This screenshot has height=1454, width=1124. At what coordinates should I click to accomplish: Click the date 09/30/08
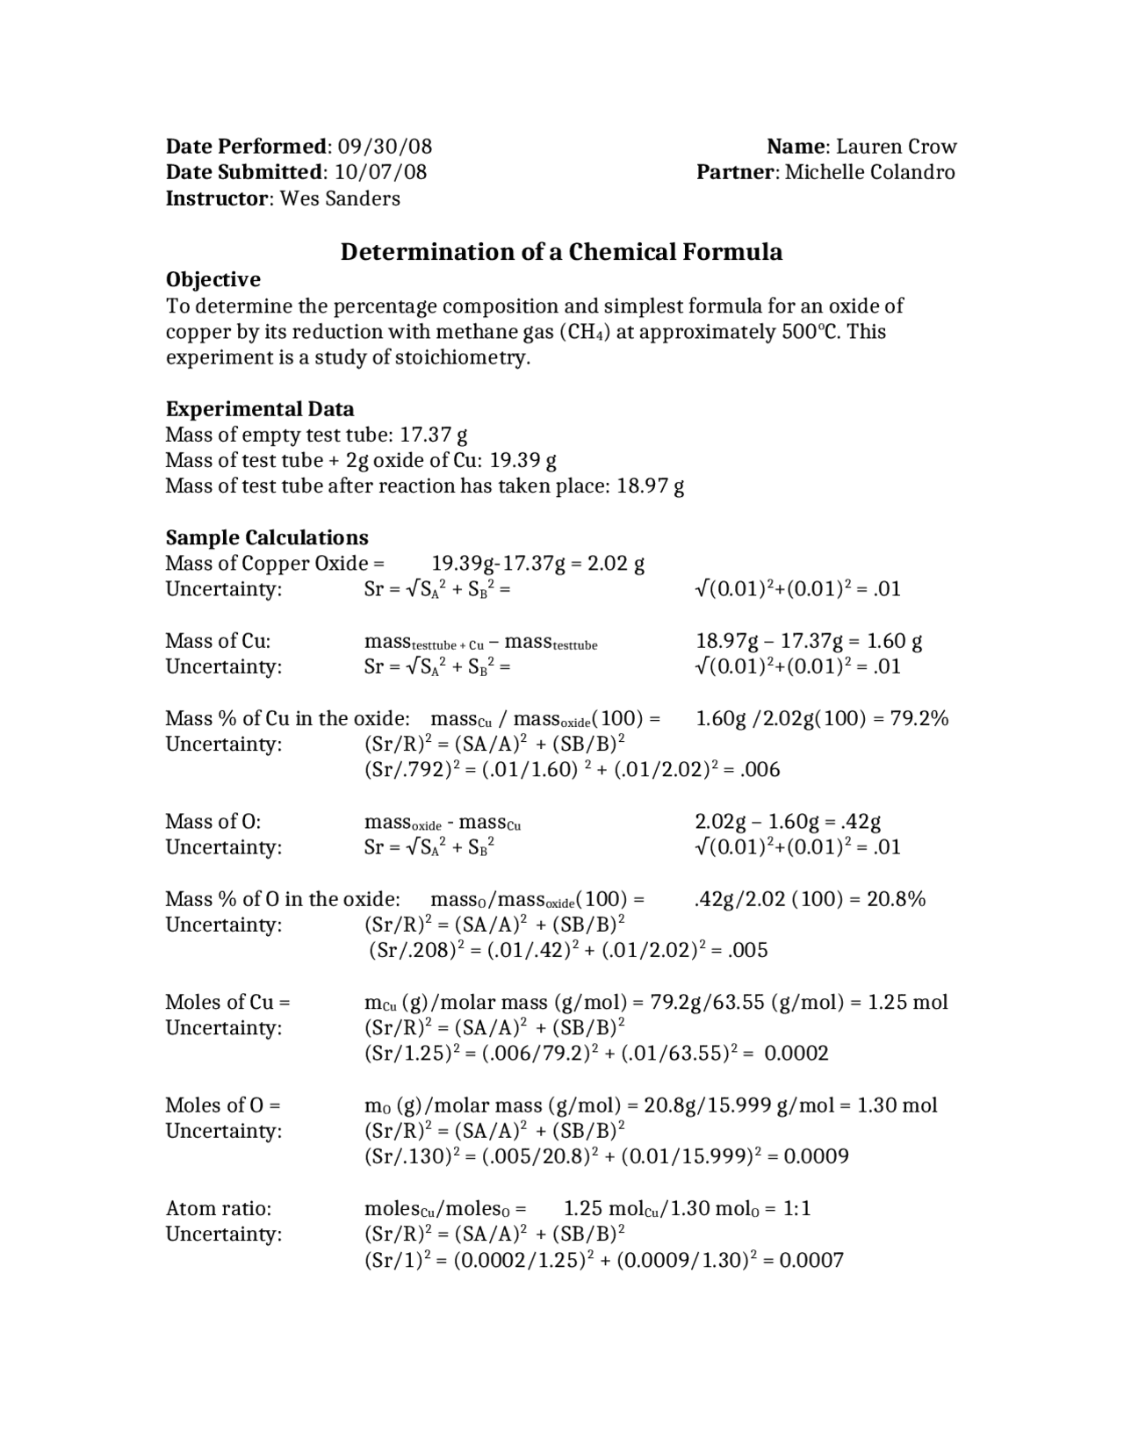click(385, 147)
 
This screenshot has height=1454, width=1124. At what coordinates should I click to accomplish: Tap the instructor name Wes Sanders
click(340, 198)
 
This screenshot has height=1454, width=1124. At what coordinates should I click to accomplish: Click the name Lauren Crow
click(896, 147)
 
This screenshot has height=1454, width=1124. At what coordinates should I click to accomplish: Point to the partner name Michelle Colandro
click(869, 172)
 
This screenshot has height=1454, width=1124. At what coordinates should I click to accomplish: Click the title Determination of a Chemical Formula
click(561, 252)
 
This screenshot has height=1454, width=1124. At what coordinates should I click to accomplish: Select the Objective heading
click(213, 279)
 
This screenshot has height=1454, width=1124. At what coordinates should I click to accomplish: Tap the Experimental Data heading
click(260, 409)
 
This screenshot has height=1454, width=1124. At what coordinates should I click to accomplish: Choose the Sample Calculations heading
click(267, 537)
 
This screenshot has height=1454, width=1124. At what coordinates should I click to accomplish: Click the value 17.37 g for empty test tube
click(434, 435)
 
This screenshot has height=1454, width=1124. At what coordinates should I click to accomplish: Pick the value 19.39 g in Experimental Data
click(523, 460)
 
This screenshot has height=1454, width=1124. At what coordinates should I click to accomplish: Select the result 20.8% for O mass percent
click(897, 899)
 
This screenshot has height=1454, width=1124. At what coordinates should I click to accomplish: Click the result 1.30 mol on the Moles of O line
click(897, 1105)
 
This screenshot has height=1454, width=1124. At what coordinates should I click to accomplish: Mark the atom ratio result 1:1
click(797, 1208)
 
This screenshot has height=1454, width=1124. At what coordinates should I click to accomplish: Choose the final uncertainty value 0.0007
click(811, 1261)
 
